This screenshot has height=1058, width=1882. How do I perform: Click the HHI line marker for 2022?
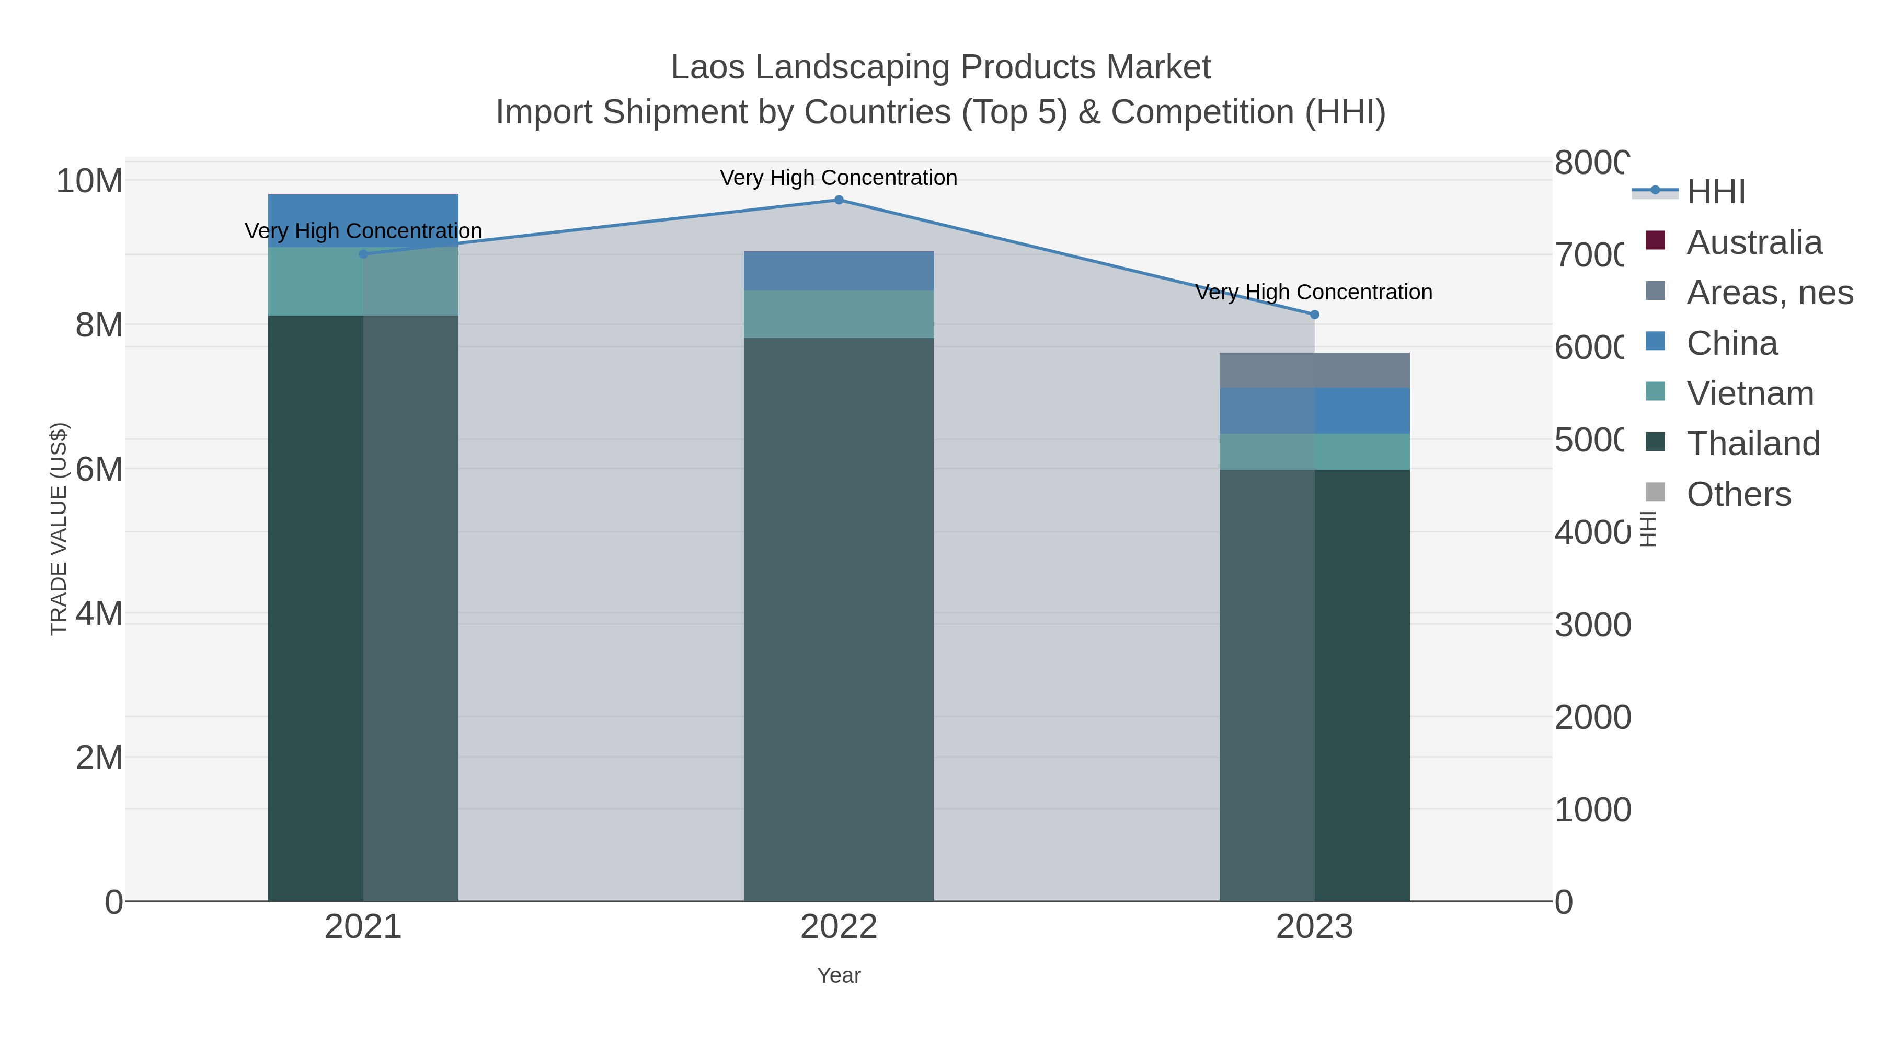tap(839, 200)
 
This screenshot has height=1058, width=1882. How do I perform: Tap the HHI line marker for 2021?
tap(363, 254)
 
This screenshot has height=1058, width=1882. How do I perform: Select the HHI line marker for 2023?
tap(1314, 315)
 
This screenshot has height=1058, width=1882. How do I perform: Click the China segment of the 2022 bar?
tap(839, 271)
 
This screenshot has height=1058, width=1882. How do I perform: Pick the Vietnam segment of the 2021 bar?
tap(363, 281)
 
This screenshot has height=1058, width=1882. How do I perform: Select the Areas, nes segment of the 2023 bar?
tap(1314, 370)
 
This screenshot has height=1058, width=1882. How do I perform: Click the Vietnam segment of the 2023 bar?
tap(1314, 451)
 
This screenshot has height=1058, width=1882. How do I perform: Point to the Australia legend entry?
tap(1753, 242)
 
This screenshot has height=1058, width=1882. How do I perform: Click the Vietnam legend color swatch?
tap(1655, 391)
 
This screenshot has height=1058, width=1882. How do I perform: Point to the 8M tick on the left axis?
tap(99, 325)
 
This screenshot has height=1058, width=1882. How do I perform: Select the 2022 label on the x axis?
tap(839, 927)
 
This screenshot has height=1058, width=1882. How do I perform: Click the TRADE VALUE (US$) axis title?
tap(59, 529)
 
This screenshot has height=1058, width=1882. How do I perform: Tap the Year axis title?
tap(839, 975)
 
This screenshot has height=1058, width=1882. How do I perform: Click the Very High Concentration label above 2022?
tap(839, 178)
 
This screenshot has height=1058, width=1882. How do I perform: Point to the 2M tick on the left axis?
tap(99, 758)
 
